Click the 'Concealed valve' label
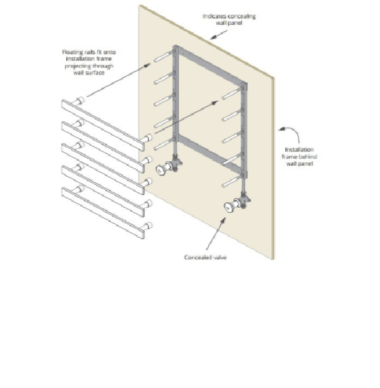(x=205, y=257)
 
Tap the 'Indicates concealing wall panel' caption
(x=229, y=19)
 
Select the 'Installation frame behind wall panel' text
(x=299, y=157)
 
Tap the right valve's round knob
(x=229, y=207)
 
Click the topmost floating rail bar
(x=103, y=126)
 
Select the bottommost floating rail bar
(x=103, y=213)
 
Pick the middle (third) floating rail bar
(x=103, y=169)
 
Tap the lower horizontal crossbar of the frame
(x=210, y=154)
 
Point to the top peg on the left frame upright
(x=164, y=57)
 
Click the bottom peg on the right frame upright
(x=232, y=182)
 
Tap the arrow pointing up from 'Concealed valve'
(x=216, y=234)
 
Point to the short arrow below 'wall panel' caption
(x=219, y=34)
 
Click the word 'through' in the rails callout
(x=103, y=66)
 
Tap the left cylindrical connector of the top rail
(x=78, y=101)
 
